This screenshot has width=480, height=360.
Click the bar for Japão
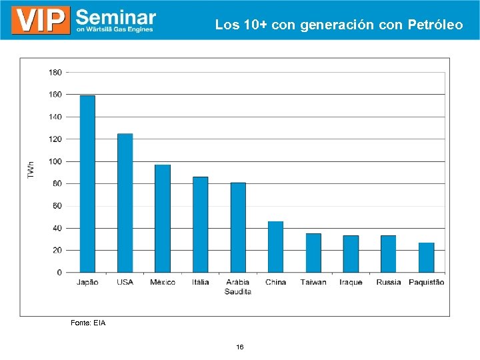87,184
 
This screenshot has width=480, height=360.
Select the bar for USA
125,203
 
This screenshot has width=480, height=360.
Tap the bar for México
163,219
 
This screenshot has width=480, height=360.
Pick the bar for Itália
200,225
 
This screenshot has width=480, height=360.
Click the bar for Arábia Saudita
238,227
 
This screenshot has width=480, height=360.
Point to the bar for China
275,247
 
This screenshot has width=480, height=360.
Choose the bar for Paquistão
426,257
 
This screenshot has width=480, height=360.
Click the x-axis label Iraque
351,283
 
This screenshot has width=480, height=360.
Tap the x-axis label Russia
389,283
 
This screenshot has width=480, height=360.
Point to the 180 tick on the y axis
55,72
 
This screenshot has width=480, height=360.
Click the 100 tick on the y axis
55,161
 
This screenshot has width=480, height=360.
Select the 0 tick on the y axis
59,273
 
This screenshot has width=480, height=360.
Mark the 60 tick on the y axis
57,206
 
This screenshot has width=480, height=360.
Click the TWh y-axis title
31,169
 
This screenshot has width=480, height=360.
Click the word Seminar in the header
116,17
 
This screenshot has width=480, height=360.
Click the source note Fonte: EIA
88,323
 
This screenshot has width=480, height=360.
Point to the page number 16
240,347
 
